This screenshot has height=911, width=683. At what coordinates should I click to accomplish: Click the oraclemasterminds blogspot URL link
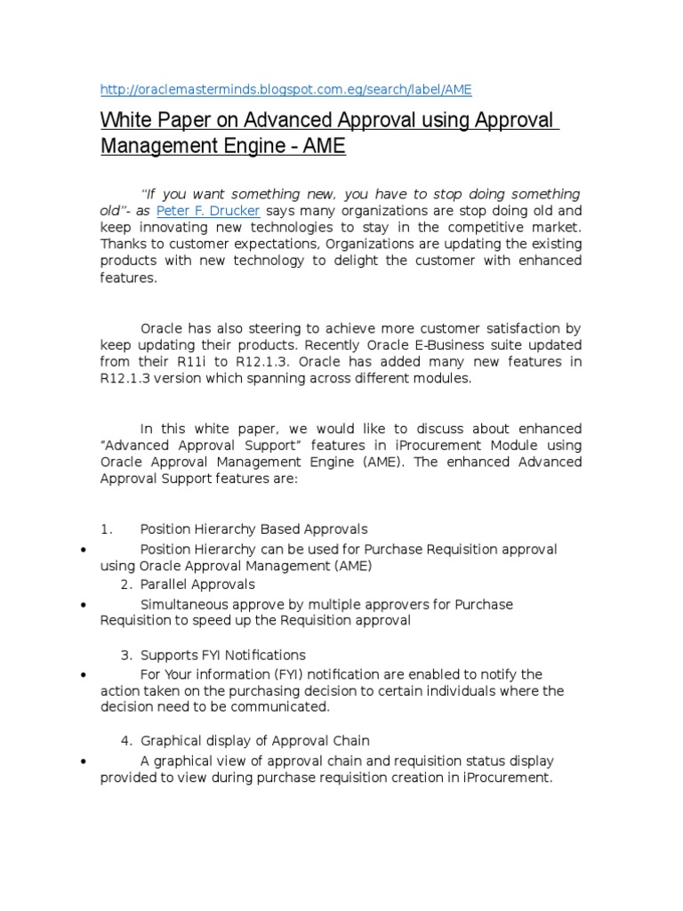[x=285, y=89]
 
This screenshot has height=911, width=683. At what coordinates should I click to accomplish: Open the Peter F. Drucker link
[x=208, y=211]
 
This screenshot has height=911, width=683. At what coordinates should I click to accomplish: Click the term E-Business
[x=422, y=345]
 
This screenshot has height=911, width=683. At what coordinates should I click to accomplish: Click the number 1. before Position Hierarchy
[x=106, y=529]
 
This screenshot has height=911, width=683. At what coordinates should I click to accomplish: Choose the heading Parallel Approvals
[x=197, y=584]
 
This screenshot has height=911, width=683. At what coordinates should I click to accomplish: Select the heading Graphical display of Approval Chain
[x=255, y=740]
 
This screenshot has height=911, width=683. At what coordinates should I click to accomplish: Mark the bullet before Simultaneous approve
[x=82, y=605]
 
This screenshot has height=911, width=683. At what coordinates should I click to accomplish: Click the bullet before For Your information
[x=82, y=675]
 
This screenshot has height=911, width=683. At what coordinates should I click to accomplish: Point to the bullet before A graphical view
[x=82, y=762]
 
